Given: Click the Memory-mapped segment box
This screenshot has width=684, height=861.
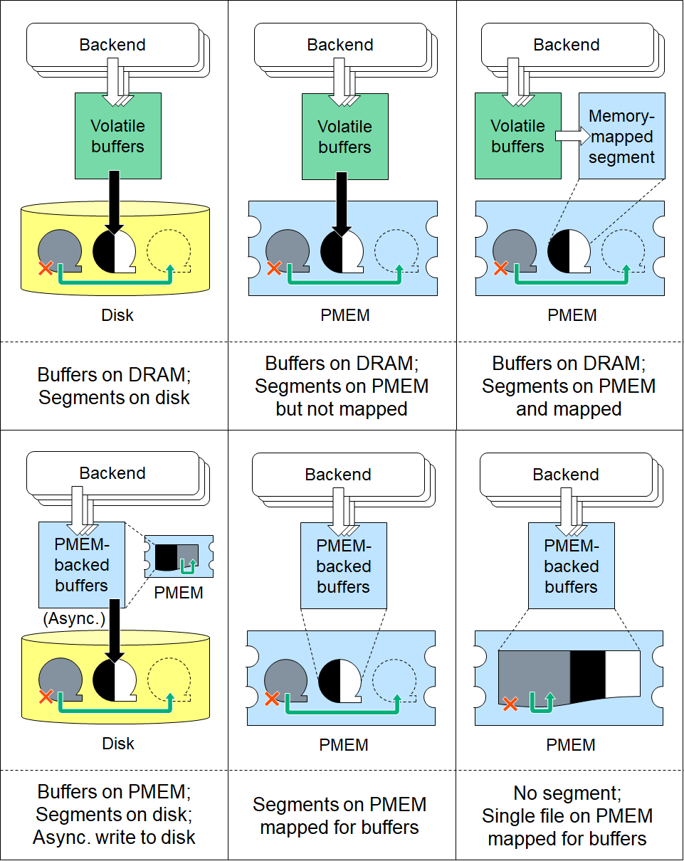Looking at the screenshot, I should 621,136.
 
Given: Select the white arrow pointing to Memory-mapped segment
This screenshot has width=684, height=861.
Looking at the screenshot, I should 567,135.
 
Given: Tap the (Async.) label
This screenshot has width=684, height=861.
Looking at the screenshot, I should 73,618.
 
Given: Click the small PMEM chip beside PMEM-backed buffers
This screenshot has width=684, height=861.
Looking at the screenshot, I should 179,556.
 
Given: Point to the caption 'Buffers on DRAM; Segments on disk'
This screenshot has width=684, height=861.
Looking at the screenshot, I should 114,386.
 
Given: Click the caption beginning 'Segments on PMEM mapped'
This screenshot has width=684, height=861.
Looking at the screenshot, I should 340,815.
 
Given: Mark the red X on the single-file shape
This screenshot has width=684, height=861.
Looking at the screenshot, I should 510,704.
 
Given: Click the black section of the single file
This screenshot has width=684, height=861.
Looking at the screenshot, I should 588,675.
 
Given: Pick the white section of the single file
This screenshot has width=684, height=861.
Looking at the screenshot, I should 622,673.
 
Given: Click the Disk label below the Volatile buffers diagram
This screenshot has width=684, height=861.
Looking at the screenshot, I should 117,315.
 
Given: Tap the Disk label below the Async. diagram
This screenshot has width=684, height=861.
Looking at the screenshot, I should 118,744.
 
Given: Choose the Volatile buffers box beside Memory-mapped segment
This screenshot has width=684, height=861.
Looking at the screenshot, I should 517,136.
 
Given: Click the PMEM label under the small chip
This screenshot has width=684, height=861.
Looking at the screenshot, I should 179,592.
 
